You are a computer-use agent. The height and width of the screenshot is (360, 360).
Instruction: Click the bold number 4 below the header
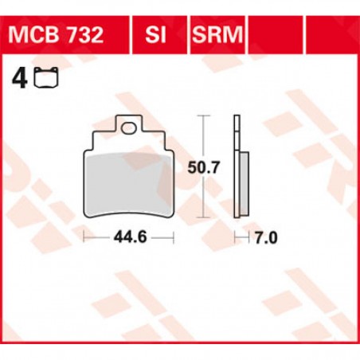[x=15, y=78]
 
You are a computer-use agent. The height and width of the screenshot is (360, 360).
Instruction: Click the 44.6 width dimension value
[x=128, y=238]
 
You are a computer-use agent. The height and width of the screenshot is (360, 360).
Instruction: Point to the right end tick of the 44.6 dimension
[x=173, y=237]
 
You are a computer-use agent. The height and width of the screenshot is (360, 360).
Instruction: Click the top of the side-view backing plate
[x=237, y=119]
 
